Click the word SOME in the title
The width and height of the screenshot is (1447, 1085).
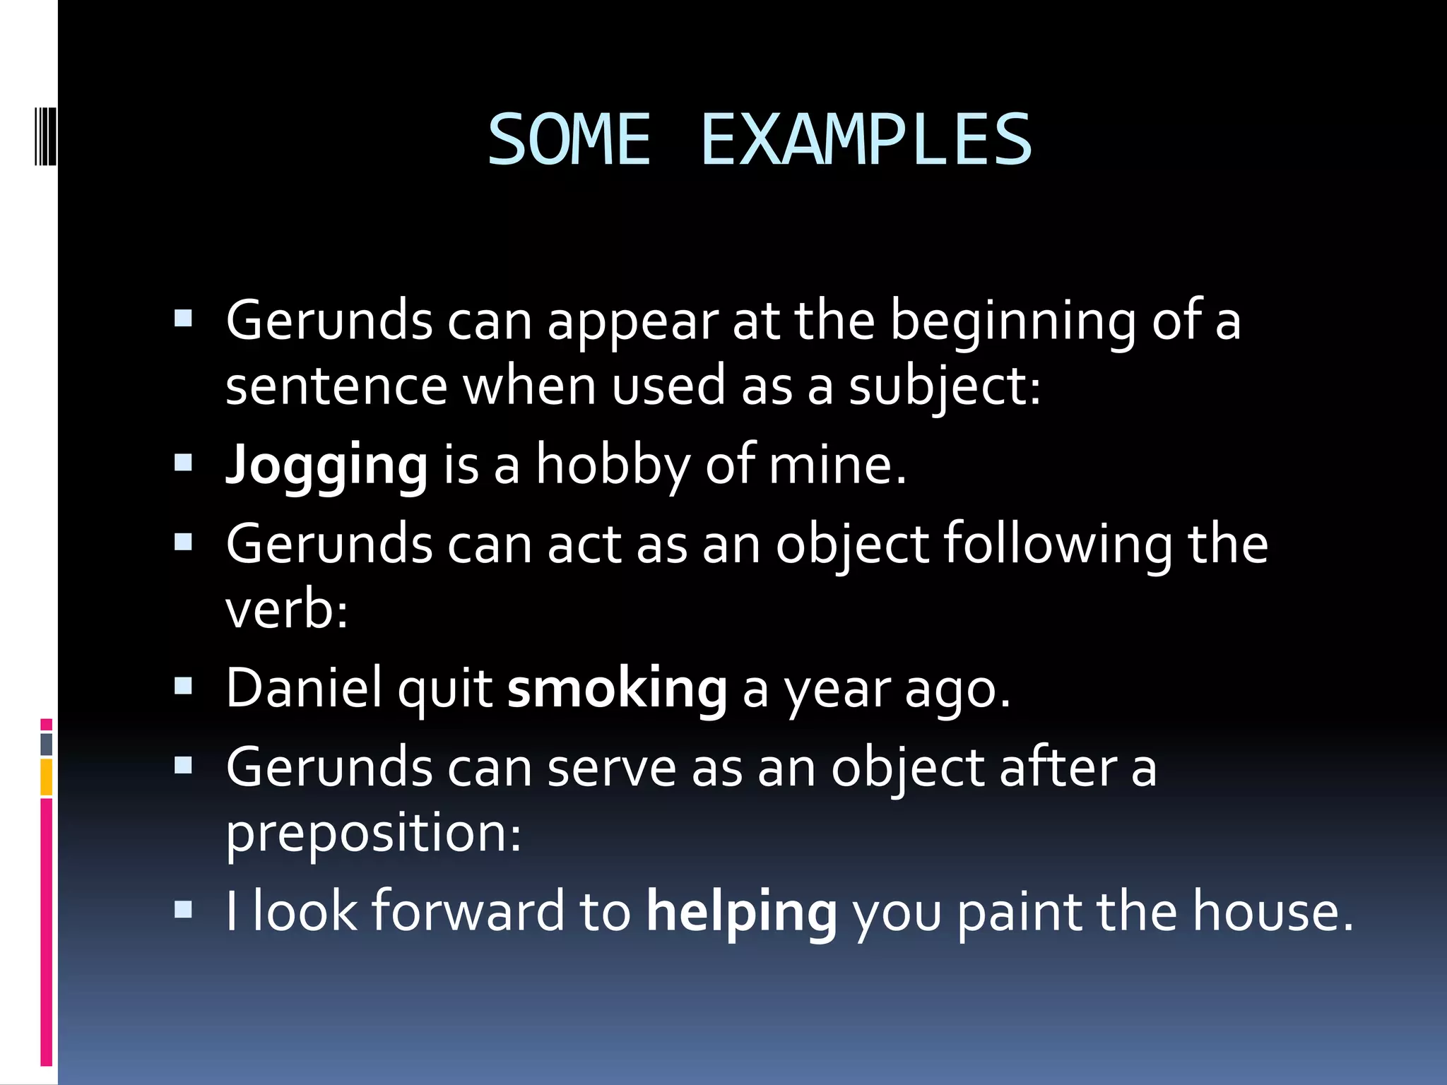pyautogui.click(x=569, y=141)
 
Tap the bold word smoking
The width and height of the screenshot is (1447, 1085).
pyautogui.click(x=617, y=689)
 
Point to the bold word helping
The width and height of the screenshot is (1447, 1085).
pyautogui.click(x=742, y=912)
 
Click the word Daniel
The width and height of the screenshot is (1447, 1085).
pyautogui.click(x=304, y=689)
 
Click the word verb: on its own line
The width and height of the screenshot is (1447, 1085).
pyautogui.click(x=287, y=610)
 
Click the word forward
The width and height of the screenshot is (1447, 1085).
pyautogui.click(x=468, y=912)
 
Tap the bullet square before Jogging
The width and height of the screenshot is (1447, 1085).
pyautogui.click(x=183, y=463)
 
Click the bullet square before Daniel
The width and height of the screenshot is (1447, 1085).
pyautogui.click(x=183, y=686)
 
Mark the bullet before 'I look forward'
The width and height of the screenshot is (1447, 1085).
pyautogui.click(x=183, y=908)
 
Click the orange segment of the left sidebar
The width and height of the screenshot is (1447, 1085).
pyautogui.click(x=47, y=777)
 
